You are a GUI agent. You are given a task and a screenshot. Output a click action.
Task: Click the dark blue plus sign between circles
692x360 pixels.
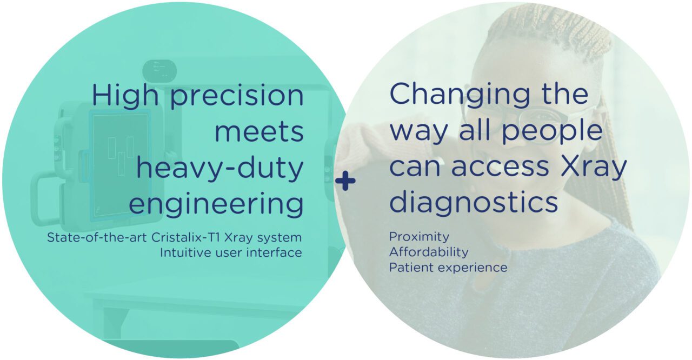[345, 182]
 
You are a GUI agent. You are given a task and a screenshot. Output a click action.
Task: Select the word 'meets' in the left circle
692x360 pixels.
[259, 131]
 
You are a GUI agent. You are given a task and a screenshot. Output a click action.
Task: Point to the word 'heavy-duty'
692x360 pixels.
[219, 169]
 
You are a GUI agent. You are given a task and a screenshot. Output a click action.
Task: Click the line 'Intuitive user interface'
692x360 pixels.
[231, 252]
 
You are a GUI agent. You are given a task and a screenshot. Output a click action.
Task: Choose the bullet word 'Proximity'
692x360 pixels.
[419, 237]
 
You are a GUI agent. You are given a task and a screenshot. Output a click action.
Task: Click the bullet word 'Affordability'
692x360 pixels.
[429, 252]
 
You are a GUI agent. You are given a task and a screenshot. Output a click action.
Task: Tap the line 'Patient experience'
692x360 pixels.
[448, 268]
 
